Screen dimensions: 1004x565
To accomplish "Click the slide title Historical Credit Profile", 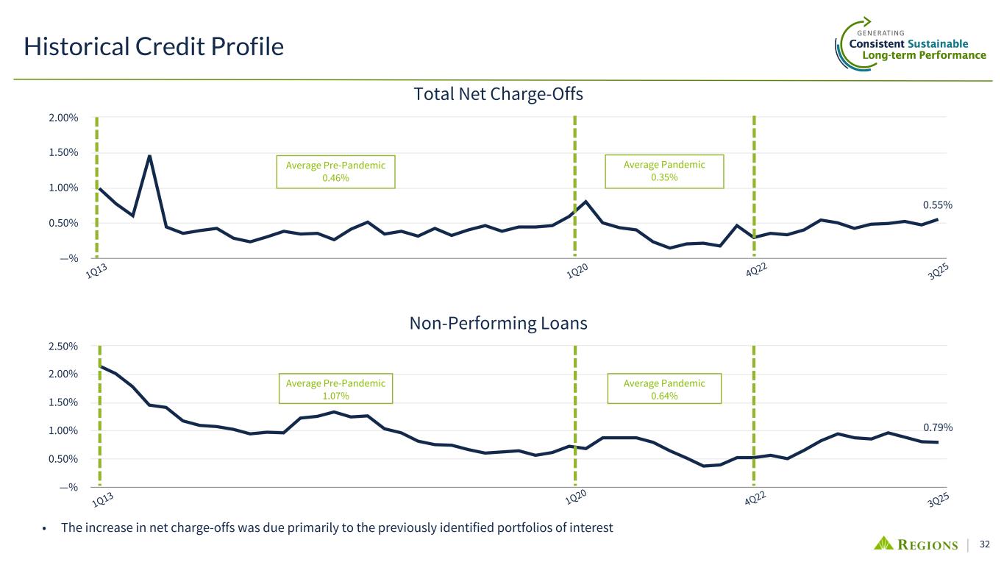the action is coord(154,46).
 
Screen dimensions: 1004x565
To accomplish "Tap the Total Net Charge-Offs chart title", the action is coord(498,94).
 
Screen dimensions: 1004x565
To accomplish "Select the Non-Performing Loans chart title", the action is coord(498,323).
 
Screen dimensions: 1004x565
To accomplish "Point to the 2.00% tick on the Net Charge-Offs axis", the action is coord(63,118).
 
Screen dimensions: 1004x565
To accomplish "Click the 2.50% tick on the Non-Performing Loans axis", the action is coord(63,347).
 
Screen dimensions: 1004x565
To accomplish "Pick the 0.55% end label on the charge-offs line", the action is coord(937,205).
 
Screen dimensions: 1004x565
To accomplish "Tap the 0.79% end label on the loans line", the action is coord(938,427).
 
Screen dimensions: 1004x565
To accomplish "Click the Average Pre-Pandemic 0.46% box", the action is coord(335,171).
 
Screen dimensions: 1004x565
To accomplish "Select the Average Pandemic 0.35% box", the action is coord(664,171).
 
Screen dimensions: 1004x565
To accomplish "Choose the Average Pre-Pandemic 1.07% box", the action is coord(335,388).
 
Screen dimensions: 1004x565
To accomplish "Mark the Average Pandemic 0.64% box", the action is coord(664,388).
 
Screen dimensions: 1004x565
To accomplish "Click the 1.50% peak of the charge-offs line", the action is coord(150,156).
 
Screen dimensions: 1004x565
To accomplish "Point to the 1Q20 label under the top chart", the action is coord(577,271).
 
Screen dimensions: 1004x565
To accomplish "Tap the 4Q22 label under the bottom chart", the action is coord(755,498).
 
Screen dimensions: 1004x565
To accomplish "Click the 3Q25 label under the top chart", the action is coord(938,271).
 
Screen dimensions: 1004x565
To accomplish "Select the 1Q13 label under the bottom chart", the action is coord(103,500).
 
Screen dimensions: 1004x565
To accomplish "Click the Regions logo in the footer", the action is coord(916,544).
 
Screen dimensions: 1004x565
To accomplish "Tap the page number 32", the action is coord(985,544).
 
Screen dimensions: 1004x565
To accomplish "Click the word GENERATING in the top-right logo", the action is coord(880,33).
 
